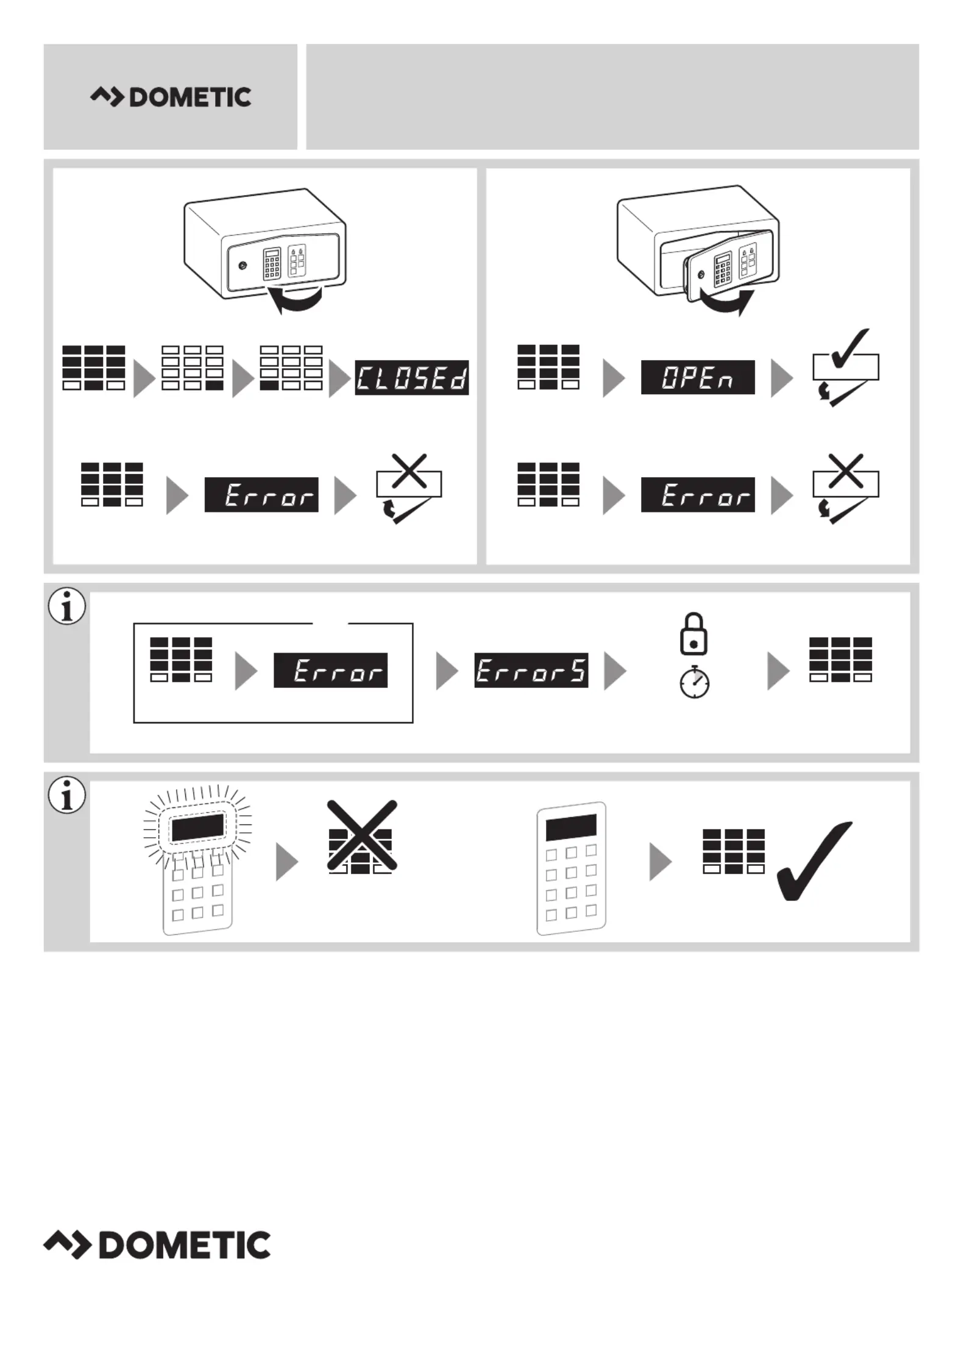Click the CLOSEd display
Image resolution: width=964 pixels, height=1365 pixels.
[x=411, y=378]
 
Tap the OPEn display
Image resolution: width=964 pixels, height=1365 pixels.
[x=697, y=377]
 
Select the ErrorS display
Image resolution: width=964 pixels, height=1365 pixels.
[x=531, y=670]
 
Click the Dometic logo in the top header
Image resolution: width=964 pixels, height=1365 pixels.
[x=171, y=97]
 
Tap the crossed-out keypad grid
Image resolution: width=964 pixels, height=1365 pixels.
[x=361, y=837]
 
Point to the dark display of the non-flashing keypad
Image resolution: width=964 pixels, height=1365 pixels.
[x=570, y=827]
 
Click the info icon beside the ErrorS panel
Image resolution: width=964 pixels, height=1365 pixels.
[x=67, y=606]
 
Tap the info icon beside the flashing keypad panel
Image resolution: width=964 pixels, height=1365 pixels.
[x=67, y=795]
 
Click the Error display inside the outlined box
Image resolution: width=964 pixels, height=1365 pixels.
[x=330, y=670]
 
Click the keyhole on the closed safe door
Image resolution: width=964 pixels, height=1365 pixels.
[x=243, y=266]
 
